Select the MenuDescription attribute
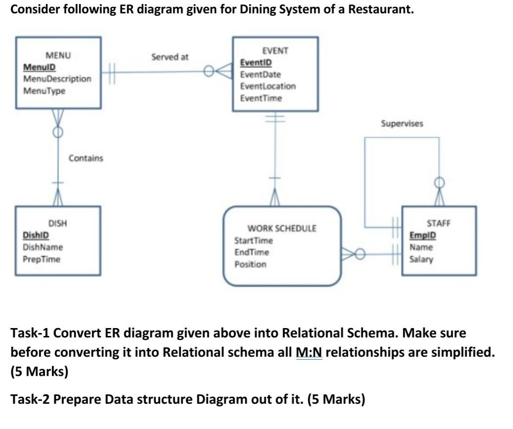tap(57, 79)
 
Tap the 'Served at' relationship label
tap(170, 57)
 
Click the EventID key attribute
tap(255, 63)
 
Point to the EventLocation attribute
tap(268, 86)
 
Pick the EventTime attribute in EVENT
tap(261, 98)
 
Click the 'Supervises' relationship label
tap(402, 124)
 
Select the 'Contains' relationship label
tap(86, 158)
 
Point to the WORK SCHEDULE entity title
tap(281, 229)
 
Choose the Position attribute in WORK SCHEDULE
tap(250, 264)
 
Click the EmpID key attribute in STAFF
tap(422, 236)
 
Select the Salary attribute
tap(421, 259)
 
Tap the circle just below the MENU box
tap(58, 132)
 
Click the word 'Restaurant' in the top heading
tap(380, 9)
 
